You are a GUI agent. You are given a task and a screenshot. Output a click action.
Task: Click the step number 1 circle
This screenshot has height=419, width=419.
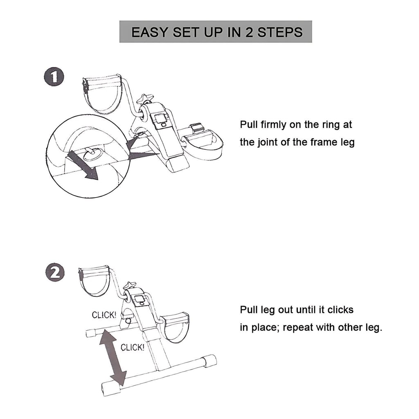point(54,77)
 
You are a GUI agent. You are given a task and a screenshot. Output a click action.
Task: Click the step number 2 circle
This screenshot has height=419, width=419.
point(55,273)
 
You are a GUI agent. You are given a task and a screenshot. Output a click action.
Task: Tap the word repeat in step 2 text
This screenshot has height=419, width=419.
point(297,328)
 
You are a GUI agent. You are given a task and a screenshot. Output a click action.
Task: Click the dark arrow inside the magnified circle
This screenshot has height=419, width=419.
point(83,165)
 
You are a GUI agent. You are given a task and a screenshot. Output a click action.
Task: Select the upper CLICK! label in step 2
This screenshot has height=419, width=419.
point(104,315)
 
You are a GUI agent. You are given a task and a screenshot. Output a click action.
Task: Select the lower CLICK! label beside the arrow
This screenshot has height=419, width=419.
point(132,347)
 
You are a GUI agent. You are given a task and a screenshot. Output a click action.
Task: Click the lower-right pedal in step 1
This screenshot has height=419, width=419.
point(202,141)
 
